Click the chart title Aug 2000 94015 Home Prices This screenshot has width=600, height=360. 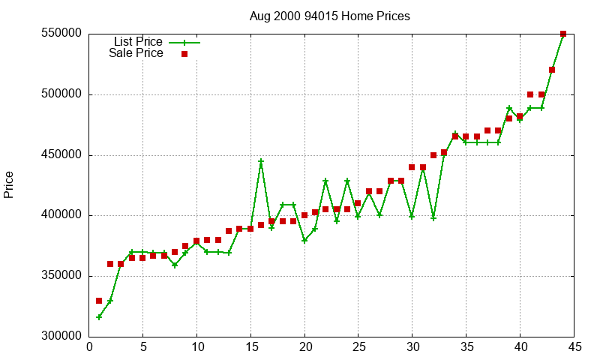(330, 16)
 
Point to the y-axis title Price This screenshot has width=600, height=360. (9, 184)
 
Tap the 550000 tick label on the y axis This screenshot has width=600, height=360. (61, 34)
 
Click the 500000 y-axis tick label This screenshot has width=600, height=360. (61, 95)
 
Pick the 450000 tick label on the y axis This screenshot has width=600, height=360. (61, 155)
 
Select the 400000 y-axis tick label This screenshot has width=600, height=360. (61, 216)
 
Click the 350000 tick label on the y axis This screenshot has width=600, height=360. (61, 276)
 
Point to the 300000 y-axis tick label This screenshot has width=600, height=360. (61, 337)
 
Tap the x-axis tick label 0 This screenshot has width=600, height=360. (89, 347)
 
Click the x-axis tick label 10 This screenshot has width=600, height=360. (196, 347)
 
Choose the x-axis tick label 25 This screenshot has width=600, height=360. (358, 347)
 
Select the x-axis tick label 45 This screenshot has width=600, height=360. (574, 347)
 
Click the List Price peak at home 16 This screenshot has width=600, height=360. (261, 161)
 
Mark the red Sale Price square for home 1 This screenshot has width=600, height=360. (99, 301)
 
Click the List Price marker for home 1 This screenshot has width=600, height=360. (99, 316)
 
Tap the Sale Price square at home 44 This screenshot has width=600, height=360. (563, 34)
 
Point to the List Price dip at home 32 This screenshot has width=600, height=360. (433, 218)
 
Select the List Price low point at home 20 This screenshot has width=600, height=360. (304, 240)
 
